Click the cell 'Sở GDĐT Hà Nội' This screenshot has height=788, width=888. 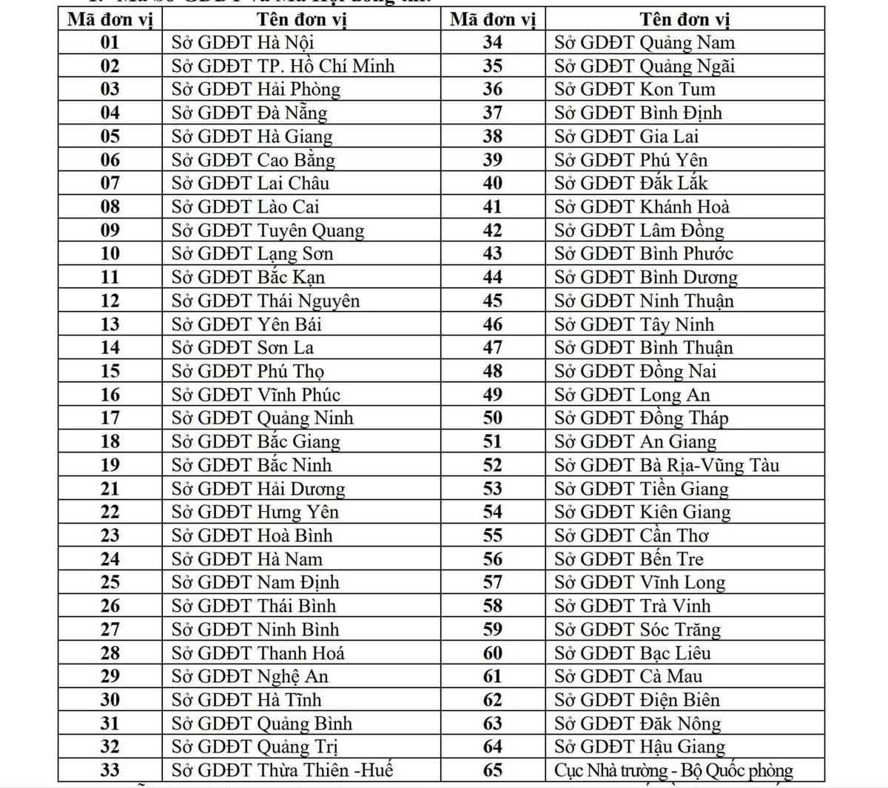click(243, 42)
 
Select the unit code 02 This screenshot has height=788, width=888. click(110, 66)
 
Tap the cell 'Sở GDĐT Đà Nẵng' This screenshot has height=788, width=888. click(249, 113)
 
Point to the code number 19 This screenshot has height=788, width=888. click(110, 465)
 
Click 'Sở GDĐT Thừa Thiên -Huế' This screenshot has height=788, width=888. click(282, 770)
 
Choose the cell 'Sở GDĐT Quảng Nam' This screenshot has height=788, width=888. click(645, 42)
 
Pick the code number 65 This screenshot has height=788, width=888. click(492, 770)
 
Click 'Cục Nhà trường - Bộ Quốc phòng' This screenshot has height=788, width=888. click(673, 770)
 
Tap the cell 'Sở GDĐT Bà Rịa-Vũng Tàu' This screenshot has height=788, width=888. click(667, 465)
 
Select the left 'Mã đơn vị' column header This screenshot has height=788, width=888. click(110, 19)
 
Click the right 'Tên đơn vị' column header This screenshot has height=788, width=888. click(684, 19)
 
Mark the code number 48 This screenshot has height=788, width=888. click(492, 371)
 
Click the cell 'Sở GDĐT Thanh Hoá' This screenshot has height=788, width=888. click(258, 653)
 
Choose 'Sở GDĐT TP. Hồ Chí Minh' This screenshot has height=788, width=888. click(283, 66)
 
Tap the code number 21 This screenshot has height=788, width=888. click(110, 489)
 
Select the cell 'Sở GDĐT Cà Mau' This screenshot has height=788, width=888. click(628, 676)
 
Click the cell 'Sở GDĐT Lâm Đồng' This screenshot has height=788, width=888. click(639, 230)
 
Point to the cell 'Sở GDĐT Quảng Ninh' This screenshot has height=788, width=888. click(263, 418)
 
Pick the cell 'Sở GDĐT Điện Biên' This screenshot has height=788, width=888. click(637, 700)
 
